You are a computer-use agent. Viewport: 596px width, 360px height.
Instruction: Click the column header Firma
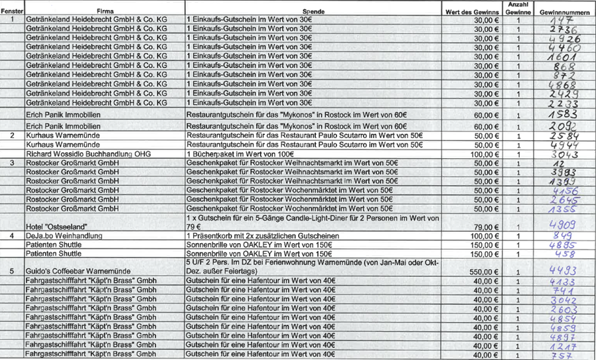[104, 13]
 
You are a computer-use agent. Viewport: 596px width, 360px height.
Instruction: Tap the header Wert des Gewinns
[473, 13]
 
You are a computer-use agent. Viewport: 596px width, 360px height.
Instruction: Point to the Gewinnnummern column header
[563, 13]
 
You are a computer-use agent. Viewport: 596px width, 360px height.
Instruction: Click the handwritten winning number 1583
[563, 114]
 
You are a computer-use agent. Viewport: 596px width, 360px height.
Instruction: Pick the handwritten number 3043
[563, 154]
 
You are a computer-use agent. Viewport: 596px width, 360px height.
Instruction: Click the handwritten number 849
[563, 235]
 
